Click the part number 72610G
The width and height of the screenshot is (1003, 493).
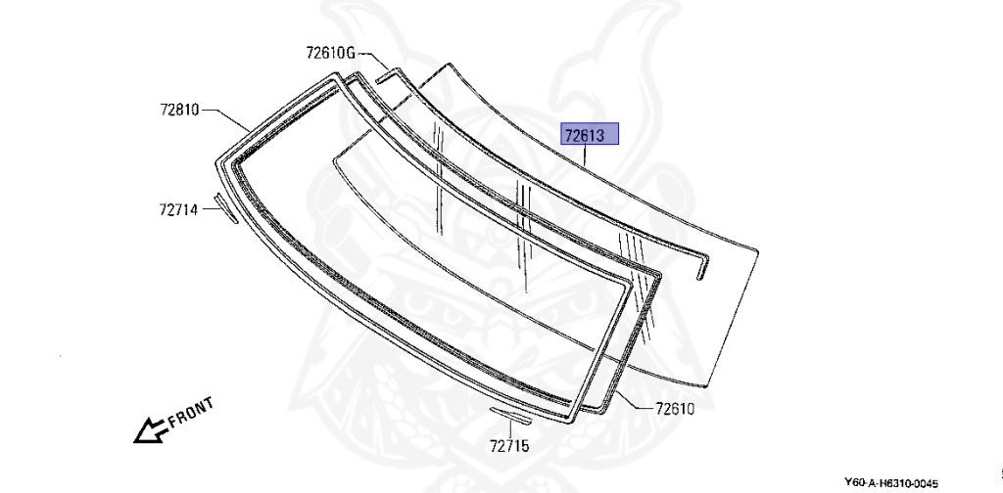pos(330,53)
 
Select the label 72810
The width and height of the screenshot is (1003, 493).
pos(180,110)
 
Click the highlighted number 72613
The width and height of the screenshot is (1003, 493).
pos(584,135)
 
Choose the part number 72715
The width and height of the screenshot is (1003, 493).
pos(509,445)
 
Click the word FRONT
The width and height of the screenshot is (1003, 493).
pos(191,413)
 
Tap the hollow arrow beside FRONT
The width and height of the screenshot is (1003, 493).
pos(150,429)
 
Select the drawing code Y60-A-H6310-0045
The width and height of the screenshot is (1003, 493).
pos(890,483)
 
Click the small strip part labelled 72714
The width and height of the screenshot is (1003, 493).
pos(225,208)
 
